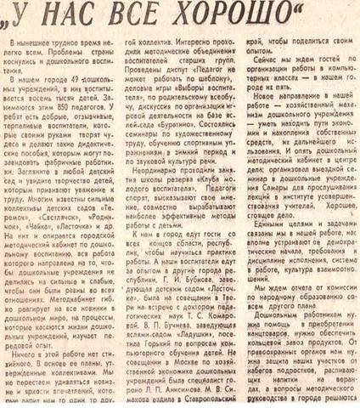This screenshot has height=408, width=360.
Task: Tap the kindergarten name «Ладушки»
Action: pos(207,333)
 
